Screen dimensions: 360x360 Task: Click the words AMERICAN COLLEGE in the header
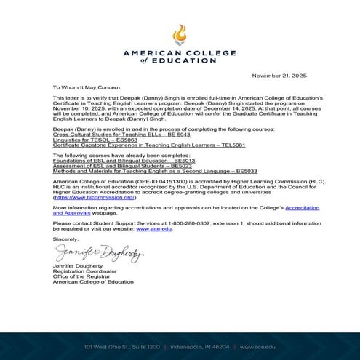point(180,54)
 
